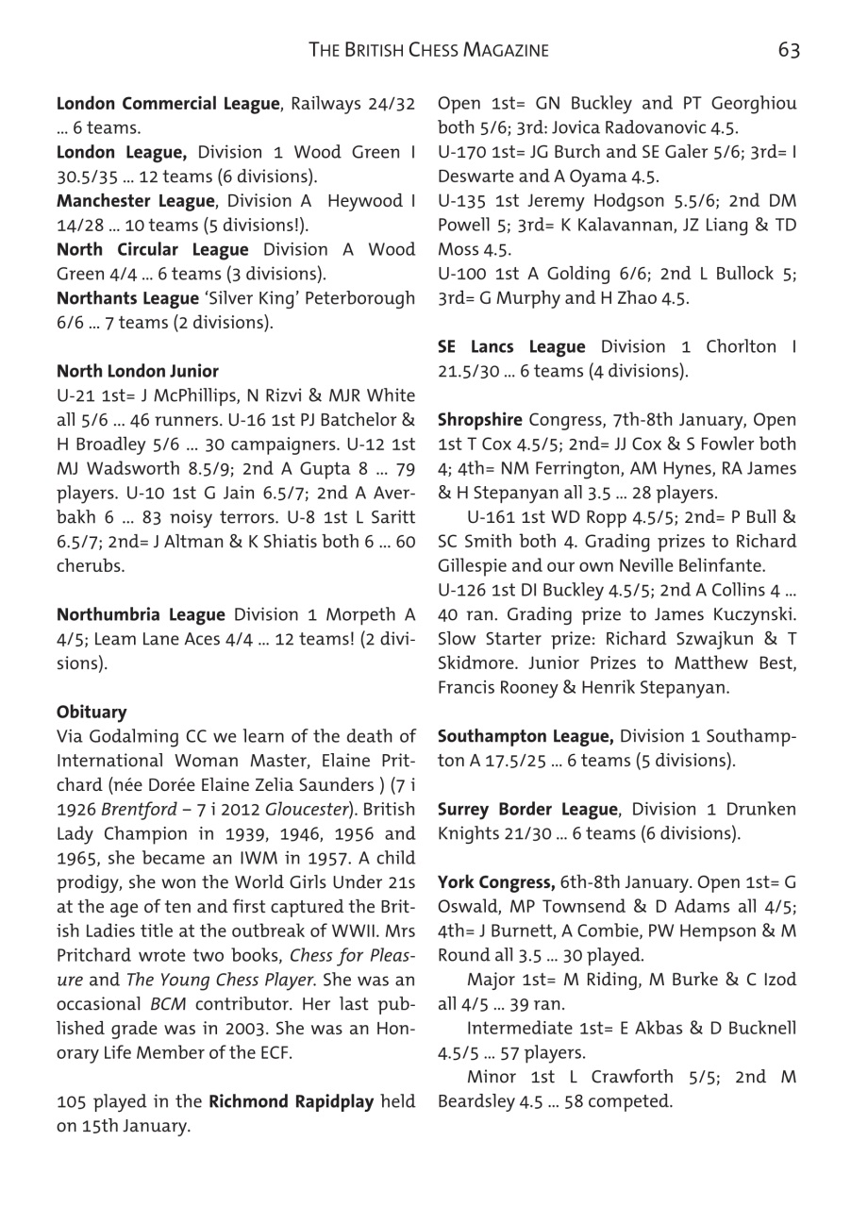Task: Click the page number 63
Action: coord(789,50)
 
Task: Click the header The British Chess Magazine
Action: coord(428,50)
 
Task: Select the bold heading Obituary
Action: coord(92,712)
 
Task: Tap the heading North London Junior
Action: coord(138,371)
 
